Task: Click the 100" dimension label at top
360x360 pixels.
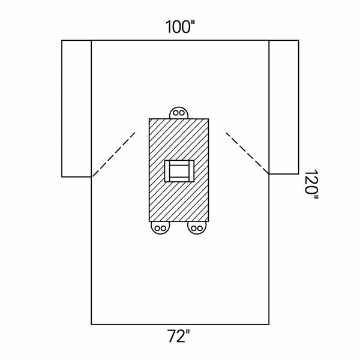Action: tap(180, 26)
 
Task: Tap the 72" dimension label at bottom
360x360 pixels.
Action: tap(178, 336)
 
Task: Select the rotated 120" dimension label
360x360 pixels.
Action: tap(311, 185)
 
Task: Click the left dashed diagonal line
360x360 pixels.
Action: tap(114, 154)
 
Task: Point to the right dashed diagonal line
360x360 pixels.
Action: tap(247, 153)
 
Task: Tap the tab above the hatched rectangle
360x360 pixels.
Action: tap(179, 113)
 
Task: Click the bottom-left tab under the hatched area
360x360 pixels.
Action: tap(160, 227)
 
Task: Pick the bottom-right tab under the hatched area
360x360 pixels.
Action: tap(197, 227)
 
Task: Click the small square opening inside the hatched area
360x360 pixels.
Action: tap(179, 171)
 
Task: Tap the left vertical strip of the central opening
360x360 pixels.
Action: tap(167, 171)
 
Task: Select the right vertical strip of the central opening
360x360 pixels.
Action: tap(191, 171)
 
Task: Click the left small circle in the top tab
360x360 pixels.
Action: tap(176, 113)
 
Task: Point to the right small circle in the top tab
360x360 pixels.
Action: tap(182, 113)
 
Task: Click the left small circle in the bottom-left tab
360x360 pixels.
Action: tap(157, 229)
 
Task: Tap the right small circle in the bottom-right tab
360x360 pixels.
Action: tap(200, 229)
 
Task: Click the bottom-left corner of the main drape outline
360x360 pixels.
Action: tap(91, 325)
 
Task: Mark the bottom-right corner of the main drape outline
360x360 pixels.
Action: tap(269, 325)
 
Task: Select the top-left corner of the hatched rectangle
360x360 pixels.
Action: tap(149, 119)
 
